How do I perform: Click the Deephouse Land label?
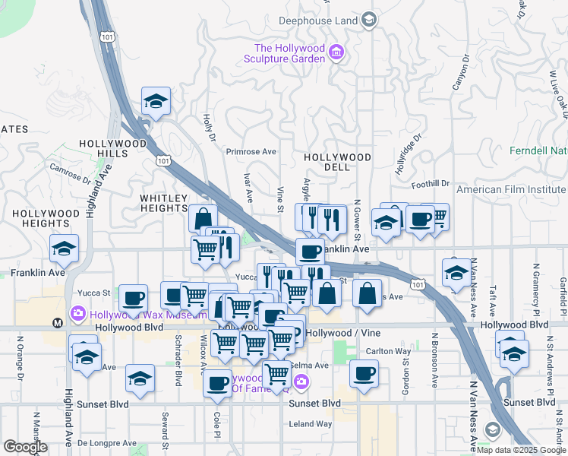pos(320,20)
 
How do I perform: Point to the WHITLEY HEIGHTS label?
pos(163,203)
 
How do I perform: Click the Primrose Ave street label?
pos(251,150)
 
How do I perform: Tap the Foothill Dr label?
pos(431,184)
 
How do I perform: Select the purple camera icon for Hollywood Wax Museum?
pos(78,313)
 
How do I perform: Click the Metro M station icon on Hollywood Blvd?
pos(58,323)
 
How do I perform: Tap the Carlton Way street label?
pos(388,351)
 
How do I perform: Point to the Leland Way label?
pos(311,424)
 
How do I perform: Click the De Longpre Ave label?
pos(106,442)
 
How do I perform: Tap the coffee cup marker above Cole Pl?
pos(218,382)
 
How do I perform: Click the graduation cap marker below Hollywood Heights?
pos(65,248)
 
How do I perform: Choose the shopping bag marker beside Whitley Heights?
pos(203,219)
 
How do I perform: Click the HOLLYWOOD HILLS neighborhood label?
pos(112,148)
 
